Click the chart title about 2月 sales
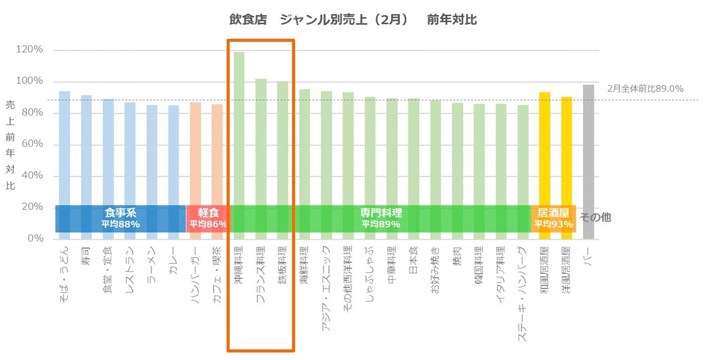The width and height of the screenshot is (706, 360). [x=352, y=20]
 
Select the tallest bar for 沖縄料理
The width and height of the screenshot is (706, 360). [x=239, y=126]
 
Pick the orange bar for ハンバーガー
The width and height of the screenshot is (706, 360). [x=195, y=151]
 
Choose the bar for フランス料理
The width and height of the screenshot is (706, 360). [x=261, y=141]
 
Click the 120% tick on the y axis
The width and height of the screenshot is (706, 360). [x=30, y=50]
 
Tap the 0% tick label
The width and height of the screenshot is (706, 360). [x=35, y=239]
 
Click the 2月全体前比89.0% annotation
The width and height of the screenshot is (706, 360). [x=645, y=89]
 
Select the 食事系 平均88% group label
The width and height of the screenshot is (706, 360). [x=120, y=219]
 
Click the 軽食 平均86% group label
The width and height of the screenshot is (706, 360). [x=208, y=219]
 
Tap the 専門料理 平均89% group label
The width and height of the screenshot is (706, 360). [x=381, y=219]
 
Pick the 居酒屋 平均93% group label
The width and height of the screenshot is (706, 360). [x=553, y=219]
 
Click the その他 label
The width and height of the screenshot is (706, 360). [x=595, y=218]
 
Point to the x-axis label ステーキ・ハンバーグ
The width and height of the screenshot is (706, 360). [x=523, y=294]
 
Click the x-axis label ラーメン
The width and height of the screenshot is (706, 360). [x=152, y=266]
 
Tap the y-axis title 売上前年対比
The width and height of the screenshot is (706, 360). [x=11, y=145]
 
